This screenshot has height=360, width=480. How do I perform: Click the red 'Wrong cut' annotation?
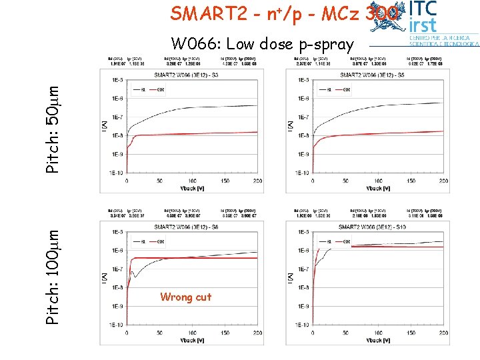(185, 297)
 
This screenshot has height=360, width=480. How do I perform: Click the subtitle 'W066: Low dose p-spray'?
(262, 45)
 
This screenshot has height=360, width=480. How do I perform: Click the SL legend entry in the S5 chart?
(330, 89)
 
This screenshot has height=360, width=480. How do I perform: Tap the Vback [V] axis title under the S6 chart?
(193, 340)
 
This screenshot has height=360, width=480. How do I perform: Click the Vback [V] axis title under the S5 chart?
(377, 188)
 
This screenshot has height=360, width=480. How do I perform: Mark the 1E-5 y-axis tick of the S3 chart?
(117, 80)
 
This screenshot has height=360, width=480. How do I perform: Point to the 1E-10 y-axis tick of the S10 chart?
(300, 325)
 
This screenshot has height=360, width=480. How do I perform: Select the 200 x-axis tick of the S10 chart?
(442, 333)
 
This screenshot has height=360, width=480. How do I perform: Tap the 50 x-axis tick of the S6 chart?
(160, 333)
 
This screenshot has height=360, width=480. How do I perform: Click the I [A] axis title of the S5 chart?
(290, 126)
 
